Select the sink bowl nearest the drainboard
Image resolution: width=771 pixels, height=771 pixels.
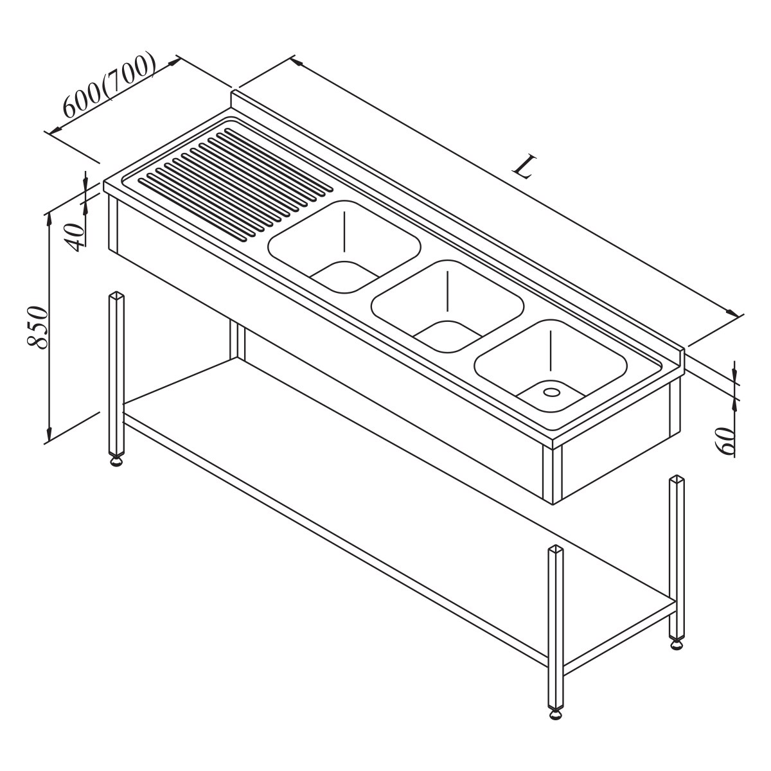point(344,247)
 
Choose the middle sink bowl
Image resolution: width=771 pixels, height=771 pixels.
point(447,306)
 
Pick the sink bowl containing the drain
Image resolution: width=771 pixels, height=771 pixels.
point(551,366)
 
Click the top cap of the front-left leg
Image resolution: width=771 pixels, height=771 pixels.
point(116,295)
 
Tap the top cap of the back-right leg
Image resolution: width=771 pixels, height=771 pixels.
point(677,479)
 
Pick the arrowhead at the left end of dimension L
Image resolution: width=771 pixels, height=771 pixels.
point(296,62)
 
